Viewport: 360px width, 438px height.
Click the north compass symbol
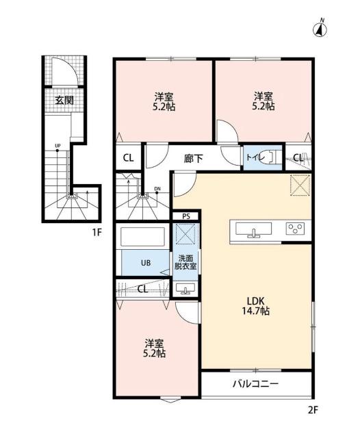(x=321, y=28)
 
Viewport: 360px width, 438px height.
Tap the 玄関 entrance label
(x=64, y=100)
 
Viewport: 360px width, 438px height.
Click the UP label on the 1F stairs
(x=57, y=146)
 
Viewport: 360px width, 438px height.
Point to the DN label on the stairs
(x=157, y=189)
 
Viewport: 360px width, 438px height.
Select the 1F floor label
(x=97, y=232)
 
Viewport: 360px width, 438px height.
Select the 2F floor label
(x=313, y=410)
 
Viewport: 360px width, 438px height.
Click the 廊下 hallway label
(x=193, y=159)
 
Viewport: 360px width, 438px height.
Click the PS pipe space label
(x=185, y=216)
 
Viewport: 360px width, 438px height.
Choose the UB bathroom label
(x=146, y=263)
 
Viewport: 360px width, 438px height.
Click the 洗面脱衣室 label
(x=185, y=262)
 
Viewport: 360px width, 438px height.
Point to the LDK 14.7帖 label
(x=255, y=306)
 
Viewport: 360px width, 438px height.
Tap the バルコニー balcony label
(x=255, y=384)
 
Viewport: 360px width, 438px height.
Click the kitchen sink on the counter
(x=254, y=230)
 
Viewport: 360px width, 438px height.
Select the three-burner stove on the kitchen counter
(x=295, y=229)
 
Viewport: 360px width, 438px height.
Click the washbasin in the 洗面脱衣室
(x=185, y=288)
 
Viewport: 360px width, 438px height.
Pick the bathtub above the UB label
(x=142, y=237)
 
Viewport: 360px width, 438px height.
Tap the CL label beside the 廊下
(x=129, y=158)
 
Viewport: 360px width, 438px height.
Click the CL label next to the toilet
(x=298, y=158)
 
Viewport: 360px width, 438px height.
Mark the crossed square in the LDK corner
(x=300, y=185)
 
